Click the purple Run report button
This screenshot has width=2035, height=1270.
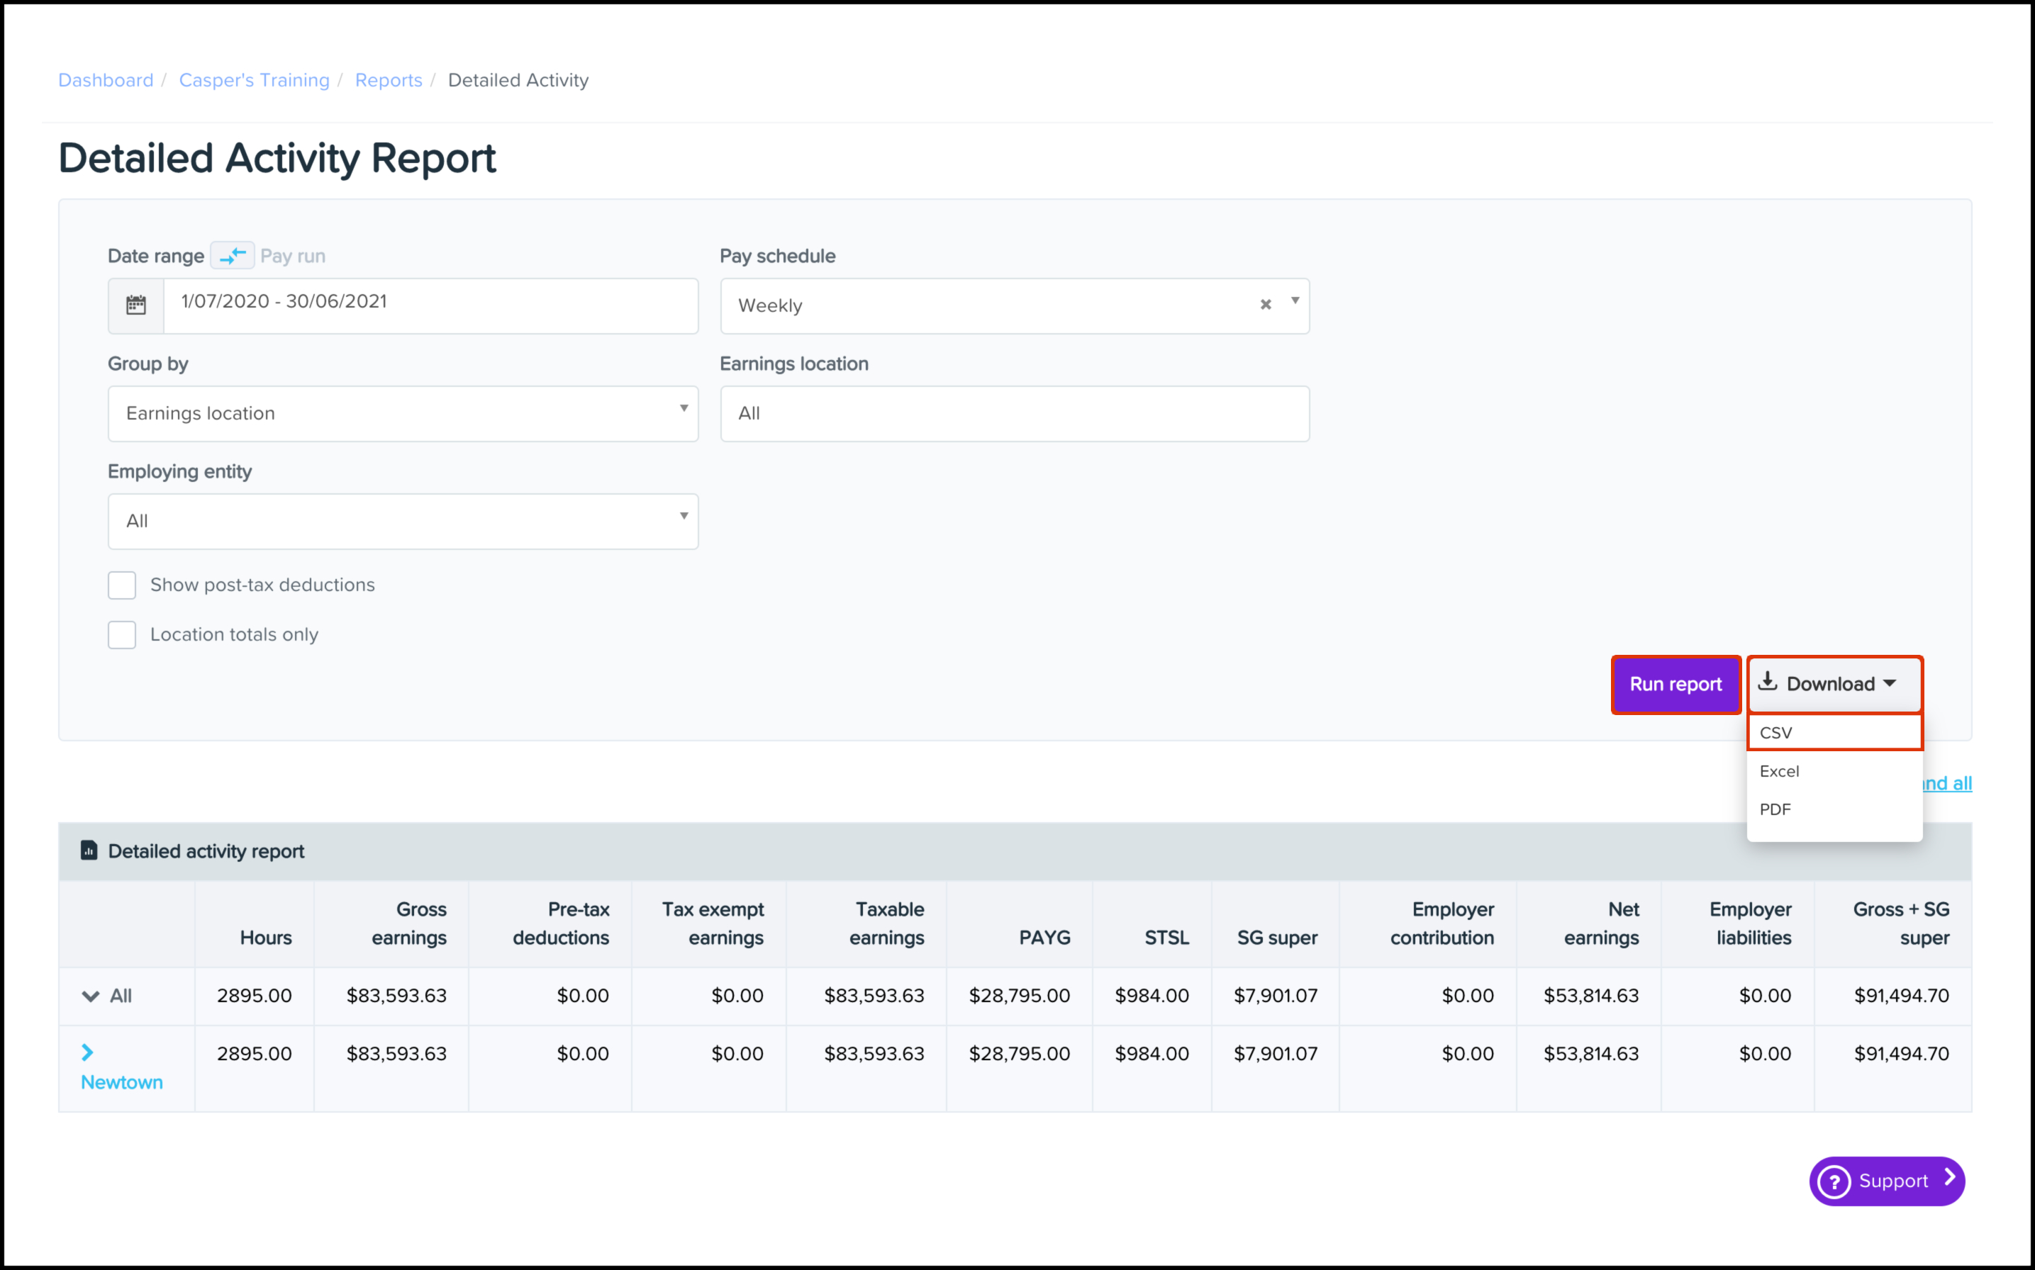pyautogui.click(x=1676, y=685)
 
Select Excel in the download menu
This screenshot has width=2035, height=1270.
pyautogui.click(x=1779, y=771)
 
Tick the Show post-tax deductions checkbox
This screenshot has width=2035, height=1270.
pyautogui.click(x=122, y=585)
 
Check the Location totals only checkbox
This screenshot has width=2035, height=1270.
pyautogui.click(x=122, y=634)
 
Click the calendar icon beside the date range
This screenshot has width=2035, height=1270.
pyautogui.click(x=136, y=305)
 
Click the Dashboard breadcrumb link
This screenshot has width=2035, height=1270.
pyautogui.click(x=106, y=80)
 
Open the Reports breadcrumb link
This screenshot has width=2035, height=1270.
pyautogui.click(x=388, y=80)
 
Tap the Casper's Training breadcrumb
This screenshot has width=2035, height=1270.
pyautogui.click(x=254, y=80)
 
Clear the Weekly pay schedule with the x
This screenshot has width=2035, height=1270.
pyautogui.click(x=1266, y=304)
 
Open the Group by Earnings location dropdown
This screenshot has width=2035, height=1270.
pyautogui.click(x=403, y=413)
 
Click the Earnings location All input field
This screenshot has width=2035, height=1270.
pyautogui.click(x=1014, y=413)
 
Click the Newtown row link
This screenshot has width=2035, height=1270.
pyautogui.click(x=122, y=1082)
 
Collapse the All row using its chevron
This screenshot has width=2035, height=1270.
pyautogui.click(x=90, y=996)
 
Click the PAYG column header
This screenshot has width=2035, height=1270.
pyautogui.click(x=1044, y=938)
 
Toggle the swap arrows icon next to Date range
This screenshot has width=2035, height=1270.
pyautogui.click(x=233, y=255)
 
